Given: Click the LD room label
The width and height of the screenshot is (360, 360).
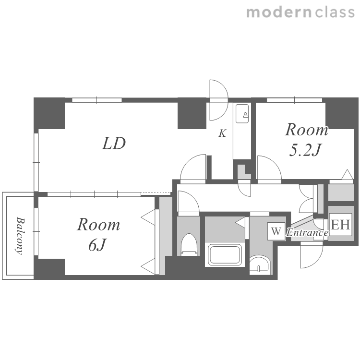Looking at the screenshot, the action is click(114, 143).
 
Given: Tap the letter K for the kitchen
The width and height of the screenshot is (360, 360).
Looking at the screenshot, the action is click(222, 133).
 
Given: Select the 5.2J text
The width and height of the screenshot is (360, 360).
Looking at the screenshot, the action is click(305, 150).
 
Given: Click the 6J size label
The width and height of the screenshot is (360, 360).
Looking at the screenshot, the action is click(97, 245).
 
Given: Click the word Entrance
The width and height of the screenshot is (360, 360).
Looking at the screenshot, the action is click(307, 233).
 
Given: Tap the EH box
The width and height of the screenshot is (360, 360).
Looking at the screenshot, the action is click(340, 224).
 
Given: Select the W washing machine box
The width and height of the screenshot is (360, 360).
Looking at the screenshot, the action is click(276, 231).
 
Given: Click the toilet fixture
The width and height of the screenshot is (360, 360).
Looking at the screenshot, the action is click(189, 244).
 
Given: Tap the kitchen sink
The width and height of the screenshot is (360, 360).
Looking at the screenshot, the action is click(242, 114).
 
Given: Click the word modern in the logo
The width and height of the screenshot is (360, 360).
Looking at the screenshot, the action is click(279, 12).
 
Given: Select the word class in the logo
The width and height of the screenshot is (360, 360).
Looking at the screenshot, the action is click(335, 12).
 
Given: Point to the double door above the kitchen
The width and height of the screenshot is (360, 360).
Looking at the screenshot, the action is click(219, 100).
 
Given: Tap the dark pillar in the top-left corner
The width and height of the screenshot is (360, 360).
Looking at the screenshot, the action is click(49, 113).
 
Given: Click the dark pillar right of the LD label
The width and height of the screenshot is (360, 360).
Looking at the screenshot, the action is click(192, 113).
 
